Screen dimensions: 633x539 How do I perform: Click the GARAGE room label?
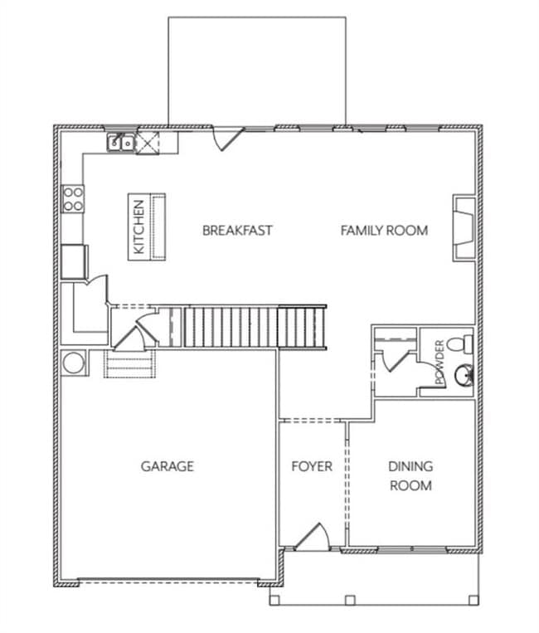(x=167, y=466)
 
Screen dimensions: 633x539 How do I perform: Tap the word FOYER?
(x=312, y=466)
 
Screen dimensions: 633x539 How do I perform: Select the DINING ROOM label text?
(x=410, y=476)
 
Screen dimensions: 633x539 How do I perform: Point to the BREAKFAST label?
(x=237, y=231)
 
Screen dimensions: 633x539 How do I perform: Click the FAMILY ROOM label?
(x=384, y=231)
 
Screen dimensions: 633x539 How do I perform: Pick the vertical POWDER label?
(x=439, y=363)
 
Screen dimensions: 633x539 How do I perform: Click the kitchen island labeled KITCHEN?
(x=147, y=226)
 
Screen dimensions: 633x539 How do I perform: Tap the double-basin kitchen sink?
(x=120, y=143)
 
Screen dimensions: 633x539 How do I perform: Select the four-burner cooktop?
(x=73, y=197)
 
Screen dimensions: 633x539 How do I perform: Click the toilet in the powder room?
(x=459, y=343)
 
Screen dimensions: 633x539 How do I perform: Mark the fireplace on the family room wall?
(x=463, y=229)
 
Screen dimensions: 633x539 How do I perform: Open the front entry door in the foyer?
(x=313, y=538)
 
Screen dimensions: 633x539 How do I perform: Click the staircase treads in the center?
(x=249, y=327)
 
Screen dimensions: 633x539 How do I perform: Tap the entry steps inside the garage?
(x=129, y=364)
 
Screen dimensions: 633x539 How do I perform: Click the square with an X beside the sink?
(x=147, y=143)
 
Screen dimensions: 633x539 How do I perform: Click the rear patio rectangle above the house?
(x=257, y=71)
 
